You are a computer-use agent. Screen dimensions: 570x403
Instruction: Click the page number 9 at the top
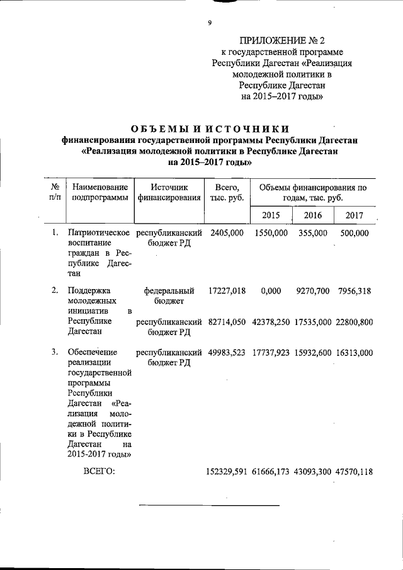(209, 23)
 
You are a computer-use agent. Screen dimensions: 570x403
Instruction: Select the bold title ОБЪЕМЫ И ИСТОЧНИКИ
(209, 130)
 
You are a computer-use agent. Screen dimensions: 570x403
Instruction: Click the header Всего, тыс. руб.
(227, 193)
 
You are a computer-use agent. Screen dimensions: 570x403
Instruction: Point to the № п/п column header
(55, 193)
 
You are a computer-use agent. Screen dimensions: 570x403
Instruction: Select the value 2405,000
(227, 233)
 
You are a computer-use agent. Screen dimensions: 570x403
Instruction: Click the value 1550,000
(271, 233)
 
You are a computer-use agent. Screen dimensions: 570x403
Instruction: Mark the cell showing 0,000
(271, 290)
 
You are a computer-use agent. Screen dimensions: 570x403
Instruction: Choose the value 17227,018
(227, 290)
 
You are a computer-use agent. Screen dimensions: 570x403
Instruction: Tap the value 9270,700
(313, 290)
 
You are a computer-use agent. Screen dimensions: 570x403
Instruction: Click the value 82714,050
(227, 322)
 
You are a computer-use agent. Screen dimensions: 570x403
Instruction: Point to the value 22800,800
(355, 322)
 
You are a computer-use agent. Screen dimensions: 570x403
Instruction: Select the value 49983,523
(227, 353)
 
